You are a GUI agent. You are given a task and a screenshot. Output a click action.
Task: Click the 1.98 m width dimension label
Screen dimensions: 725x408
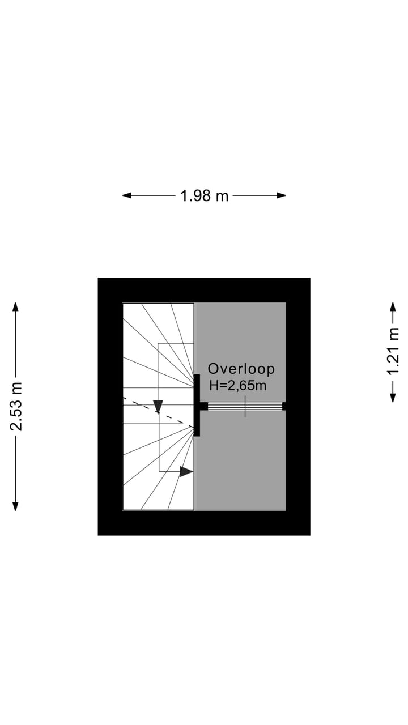coord(204,195)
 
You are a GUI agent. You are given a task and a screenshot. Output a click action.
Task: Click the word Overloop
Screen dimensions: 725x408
coord(241,369)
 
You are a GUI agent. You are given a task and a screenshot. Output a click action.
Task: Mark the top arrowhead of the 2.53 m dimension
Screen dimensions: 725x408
coord(16,306)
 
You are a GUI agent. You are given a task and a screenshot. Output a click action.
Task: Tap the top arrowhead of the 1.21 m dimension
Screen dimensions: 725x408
coord(393,306)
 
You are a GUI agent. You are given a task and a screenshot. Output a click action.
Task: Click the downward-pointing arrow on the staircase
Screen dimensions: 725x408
coord(158,406)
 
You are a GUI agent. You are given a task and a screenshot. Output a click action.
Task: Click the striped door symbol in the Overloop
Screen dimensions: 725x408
coord(245,406)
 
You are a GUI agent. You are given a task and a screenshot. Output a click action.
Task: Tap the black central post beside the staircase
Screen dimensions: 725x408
coord(197,406)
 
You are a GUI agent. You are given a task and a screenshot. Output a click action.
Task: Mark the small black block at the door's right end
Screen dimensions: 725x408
coord(284,406)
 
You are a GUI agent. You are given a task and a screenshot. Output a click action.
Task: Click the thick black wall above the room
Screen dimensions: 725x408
coord(204,290)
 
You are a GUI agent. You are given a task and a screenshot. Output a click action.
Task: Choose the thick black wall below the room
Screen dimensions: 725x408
coord(204,523)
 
